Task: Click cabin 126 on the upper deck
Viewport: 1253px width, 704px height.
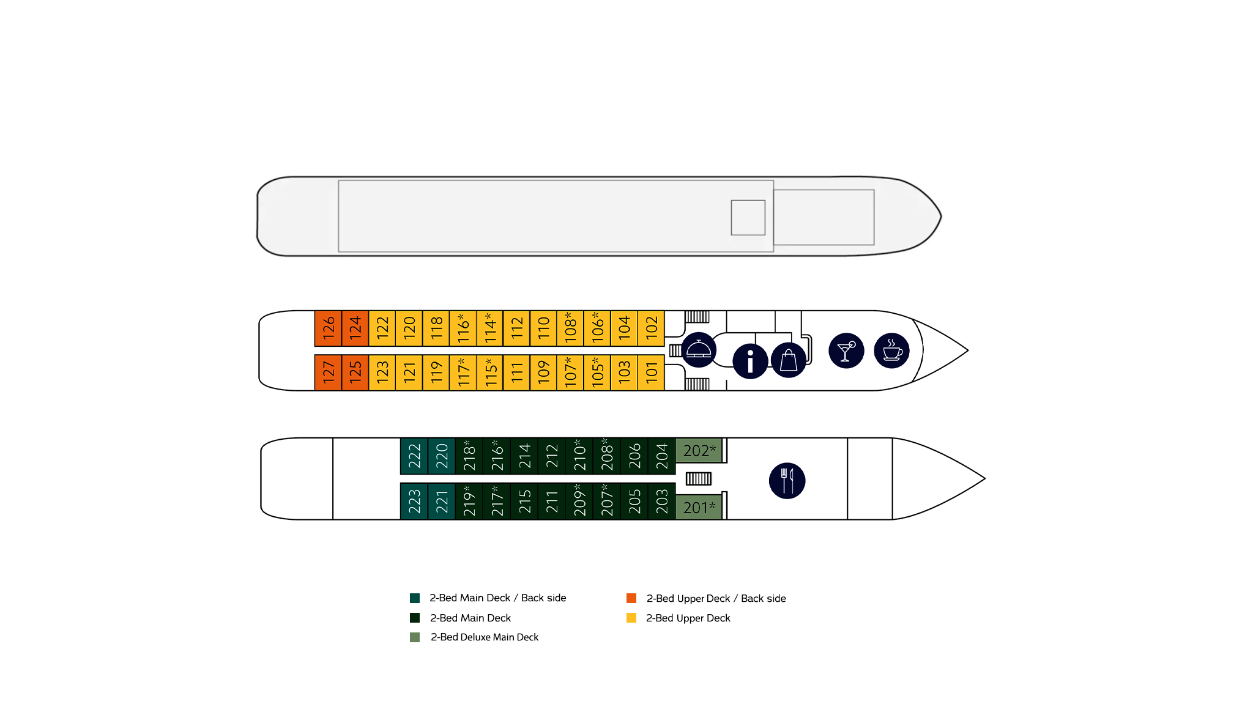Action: pos(328,328)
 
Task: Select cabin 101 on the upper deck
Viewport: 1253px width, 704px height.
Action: pos(651,372)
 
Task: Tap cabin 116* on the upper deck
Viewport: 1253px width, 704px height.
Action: pos(463,328)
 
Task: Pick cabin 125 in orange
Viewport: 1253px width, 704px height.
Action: pos(355,372)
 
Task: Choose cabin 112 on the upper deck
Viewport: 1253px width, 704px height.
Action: pos(516,328)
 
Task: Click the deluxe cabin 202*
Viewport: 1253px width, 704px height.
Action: pos(699,451)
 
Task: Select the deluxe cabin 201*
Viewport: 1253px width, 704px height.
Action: pos(699,507)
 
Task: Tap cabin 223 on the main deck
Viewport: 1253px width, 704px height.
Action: pos(414,502)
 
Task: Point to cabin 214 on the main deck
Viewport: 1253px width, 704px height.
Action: pos(524,456)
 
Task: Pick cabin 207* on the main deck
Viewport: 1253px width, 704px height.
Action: pos(606,502)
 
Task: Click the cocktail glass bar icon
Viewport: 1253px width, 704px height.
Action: pos(846,351)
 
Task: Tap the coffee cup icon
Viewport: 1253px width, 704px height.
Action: pos(892,351)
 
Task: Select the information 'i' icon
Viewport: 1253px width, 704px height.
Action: pos(750,361)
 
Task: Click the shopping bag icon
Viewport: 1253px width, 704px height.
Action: pos(789,360)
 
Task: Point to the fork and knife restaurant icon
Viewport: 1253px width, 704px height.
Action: pos(787,481)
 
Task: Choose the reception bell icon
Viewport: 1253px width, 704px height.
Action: pos(699,350)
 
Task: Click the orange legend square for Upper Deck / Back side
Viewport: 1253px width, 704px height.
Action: pos(631,598)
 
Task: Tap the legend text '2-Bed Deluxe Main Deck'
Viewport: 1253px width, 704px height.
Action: pos(485,637)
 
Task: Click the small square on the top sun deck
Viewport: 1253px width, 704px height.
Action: pos(748,218)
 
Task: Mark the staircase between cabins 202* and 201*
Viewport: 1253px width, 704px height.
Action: pos(698,479)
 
